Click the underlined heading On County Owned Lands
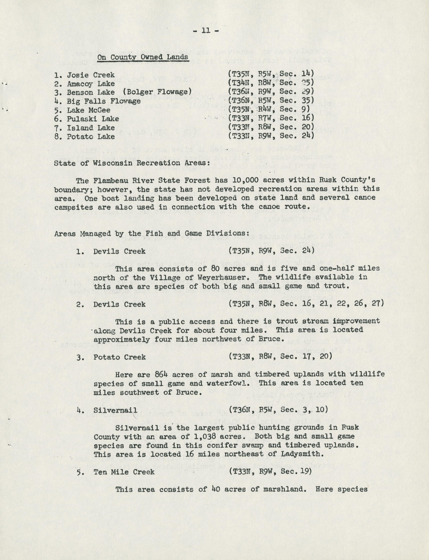143,57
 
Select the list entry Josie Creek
91,75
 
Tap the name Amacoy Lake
91,84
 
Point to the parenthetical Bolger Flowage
157,92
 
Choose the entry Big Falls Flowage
103,101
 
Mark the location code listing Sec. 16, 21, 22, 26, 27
306,304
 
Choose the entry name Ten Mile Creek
124,472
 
